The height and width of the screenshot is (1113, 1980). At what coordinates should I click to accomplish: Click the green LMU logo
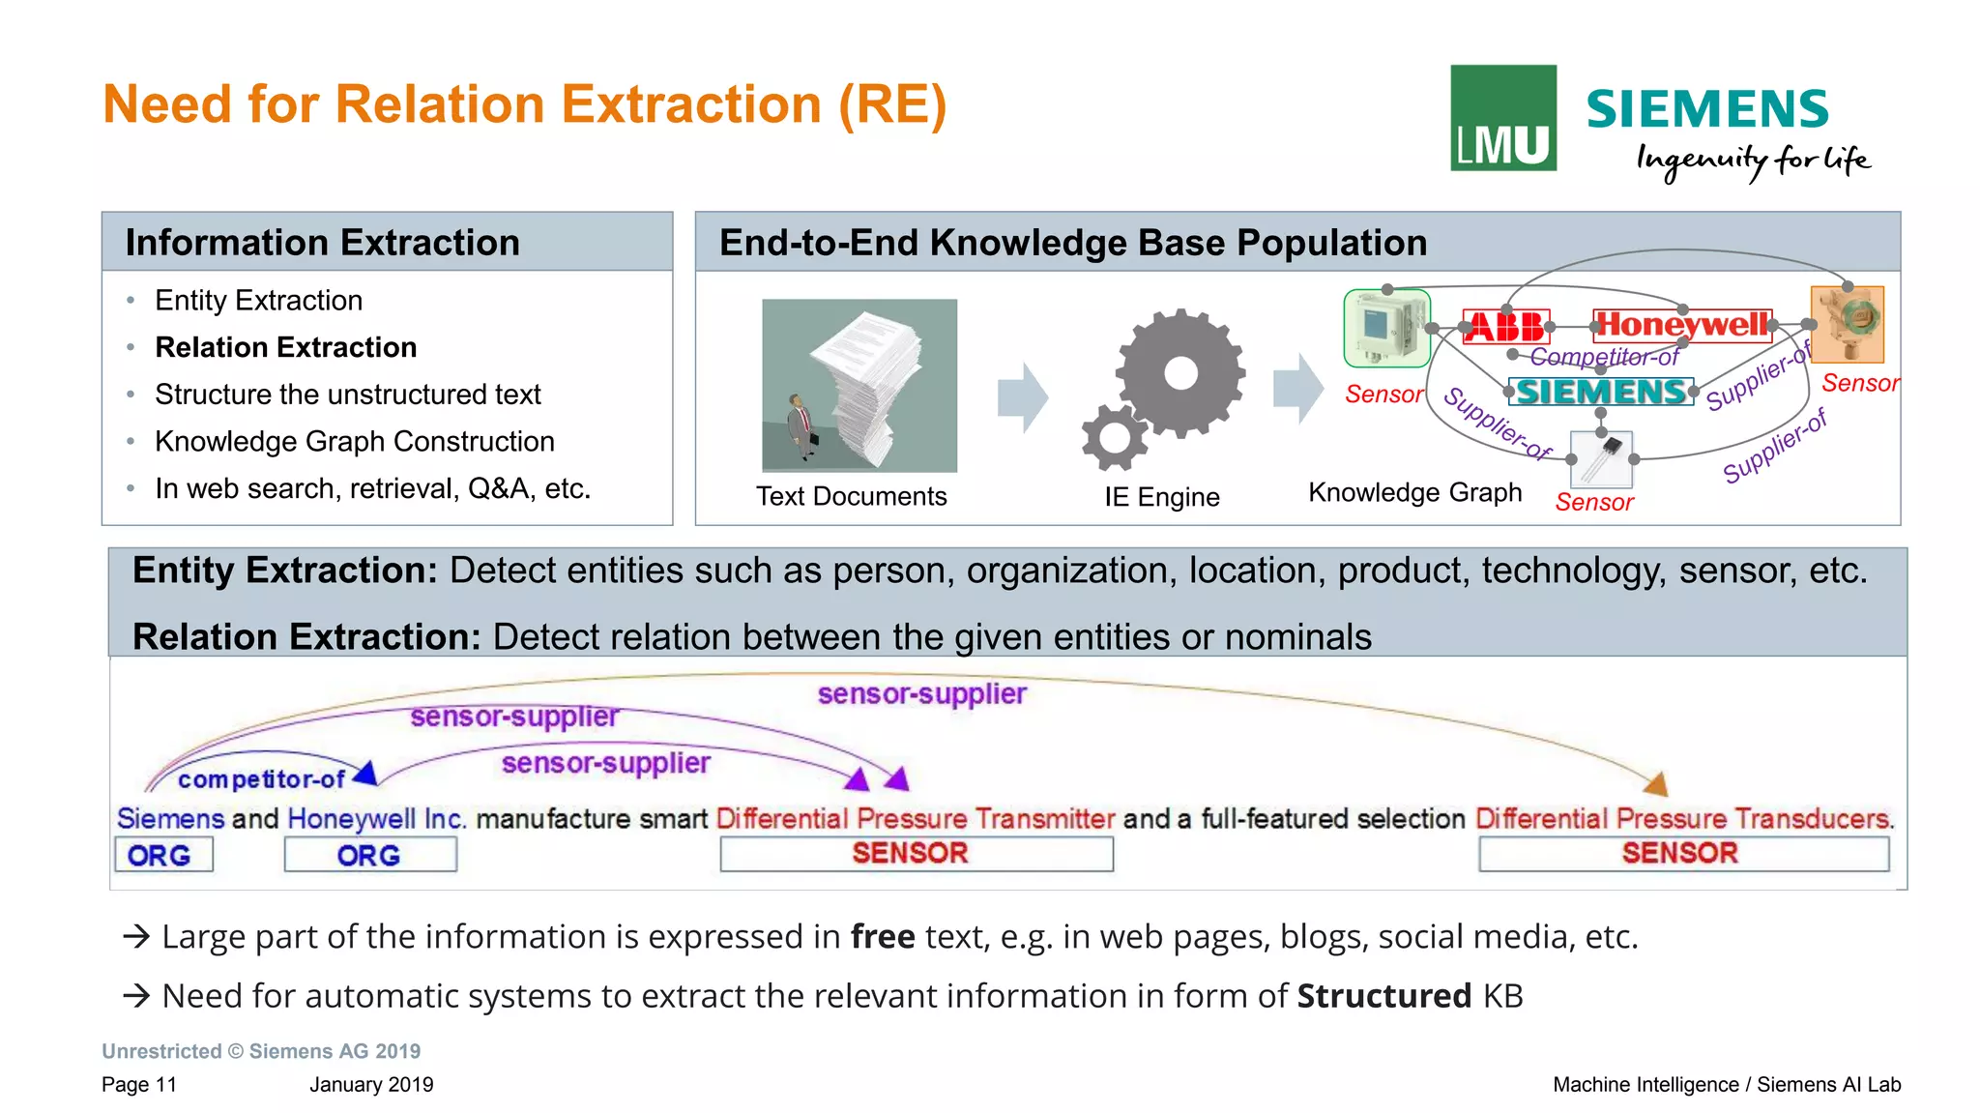(1502, 118)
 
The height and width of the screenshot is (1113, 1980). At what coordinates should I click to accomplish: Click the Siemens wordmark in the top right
(1706, 108)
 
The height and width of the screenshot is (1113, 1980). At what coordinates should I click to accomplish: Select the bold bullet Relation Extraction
(285, 347)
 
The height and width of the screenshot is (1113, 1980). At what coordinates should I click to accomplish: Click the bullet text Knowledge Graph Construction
(354, 441)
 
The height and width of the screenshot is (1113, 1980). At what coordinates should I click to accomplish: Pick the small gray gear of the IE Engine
(1115, 437)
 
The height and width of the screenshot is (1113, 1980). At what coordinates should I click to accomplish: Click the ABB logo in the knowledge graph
(1506, 327)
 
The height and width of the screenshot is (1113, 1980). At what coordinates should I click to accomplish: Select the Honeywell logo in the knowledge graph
(1682, 324)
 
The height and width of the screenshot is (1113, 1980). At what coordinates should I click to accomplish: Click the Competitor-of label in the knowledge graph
(1604, 358)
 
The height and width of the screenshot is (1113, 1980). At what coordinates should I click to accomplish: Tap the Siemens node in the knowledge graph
(1601, 392)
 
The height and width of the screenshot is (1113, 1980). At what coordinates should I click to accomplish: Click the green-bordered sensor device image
(1385, 329)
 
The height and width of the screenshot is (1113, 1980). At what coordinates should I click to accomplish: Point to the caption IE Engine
(1161, 497)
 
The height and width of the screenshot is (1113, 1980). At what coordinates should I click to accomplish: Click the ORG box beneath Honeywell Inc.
(369, 855)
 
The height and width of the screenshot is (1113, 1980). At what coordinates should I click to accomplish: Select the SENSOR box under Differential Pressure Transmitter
(916, 853)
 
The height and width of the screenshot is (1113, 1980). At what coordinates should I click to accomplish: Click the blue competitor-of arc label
(261, 779)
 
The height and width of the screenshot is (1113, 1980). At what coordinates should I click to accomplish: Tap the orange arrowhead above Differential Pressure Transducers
(1657, 784)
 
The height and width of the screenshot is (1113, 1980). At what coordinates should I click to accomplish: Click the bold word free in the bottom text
(882, 936)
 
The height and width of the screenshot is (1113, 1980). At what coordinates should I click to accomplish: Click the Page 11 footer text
(139, 1084)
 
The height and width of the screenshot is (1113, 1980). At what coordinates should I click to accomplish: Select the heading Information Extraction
(322, 243)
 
